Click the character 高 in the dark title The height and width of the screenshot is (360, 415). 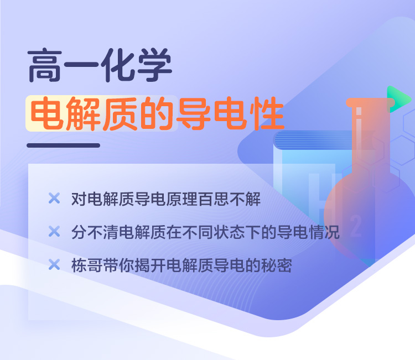(45, 65)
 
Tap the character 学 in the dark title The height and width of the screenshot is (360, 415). (155, 65)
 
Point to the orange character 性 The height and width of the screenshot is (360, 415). (267, 113)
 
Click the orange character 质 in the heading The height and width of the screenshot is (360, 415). (120, 113)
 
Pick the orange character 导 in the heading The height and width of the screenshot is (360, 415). (194, 113)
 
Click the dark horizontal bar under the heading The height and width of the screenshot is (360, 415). (64, 145)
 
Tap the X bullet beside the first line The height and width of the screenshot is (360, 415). (54, 199)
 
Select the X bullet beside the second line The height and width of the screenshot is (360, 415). (54, 232)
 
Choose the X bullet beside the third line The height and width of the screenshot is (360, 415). (54, 264)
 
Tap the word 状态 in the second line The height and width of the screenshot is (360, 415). (229, 232)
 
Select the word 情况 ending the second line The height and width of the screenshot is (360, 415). (324, 232)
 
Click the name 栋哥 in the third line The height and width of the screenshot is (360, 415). (87, 265)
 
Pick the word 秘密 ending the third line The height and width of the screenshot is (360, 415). (277, 265)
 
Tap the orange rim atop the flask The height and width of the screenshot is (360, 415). (371, 103)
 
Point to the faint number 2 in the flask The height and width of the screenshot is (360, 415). (356, 226)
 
